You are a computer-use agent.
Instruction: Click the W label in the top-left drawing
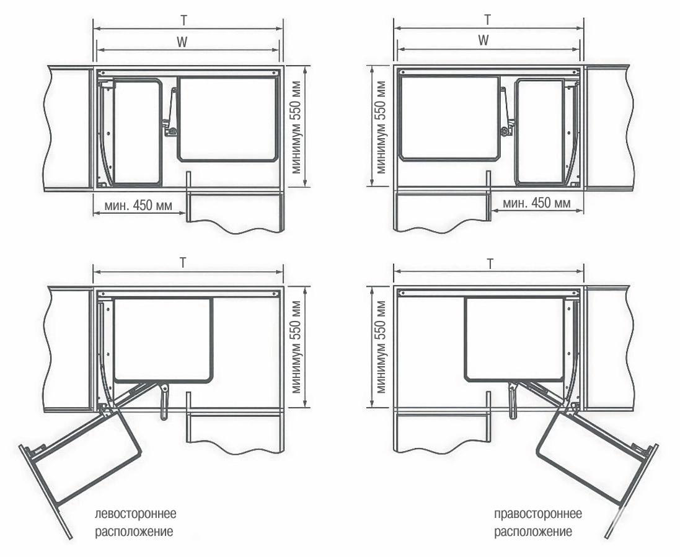click(183, 42)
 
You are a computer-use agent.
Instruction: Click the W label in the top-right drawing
click(484, 40)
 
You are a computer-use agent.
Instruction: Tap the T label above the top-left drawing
click(184, 20)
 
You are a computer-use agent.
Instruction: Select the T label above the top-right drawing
click(488, 19)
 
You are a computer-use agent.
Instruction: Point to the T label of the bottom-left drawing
click(183, 263)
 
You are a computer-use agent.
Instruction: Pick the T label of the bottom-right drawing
click(490, 263)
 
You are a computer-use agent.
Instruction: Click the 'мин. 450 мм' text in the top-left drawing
click(138, 205)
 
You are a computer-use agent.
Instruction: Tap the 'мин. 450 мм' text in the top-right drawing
click(537, 203)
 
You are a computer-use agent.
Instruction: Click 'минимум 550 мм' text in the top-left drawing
click(297, 128)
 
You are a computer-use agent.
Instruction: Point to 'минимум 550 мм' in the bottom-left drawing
click(297, 347)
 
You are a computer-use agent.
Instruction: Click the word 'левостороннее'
click(136, 514)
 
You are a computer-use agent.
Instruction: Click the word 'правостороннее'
click(538, 514)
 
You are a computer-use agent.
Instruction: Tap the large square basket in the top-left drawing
click(227, 119)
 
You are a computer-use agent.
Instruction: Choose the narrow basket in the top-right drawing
click(540, 132)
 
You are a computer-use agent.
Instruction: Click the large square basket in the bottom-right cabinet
click(515, 340)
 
